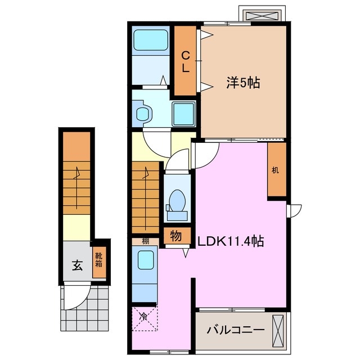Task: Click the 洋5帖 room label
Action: point(243,83)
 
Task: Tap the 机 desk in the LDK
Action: point(275,170)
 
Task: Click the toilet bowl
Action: point(177,201)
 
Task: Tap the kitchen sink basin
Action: point(146,260)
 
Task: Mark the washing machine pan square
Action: point(183,114)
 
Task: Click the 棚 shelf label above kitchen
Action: point(145,241)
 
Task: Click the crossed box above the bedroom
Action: point(260,14)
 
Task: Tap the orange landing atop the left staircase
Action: point(75,145)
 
